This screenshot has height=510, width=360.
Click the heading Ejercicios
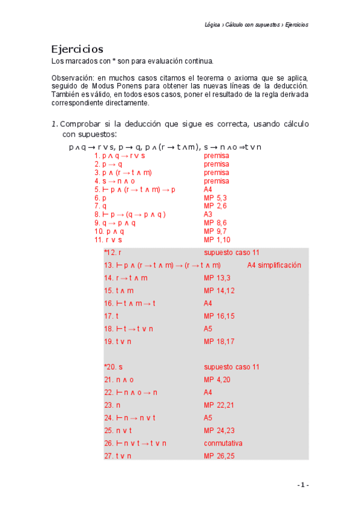click(x=77, y=49)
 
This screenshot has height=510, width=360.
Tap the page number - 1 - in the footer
click(x=302, y=485)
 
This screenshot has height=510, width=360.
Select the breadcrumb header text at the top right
click(x=256, y=25)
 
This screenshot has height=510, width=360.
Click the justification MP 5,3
click(x=215, y=198)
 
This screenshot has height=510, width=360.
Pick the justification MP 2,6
click(x=215, y=206)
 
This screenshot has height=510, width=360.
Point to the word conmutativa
click(x=223, y=443)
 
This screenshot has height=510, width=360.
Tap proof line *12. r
click(x=112, y=253)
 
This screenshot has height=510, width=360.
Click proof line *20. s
click(x=113, y=367)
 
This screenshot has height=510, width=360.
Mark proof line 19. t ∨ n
click(x=117, y=342)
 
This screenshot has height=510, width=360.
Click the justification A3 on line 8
click(x=208, y=215)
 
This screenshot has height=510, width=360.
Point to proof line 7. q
click(x=100, y=206)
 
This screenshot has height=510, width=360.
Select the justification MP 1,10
click(x=217, y=240)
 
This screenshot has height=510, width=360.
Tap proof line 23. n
click(x=112, y=405)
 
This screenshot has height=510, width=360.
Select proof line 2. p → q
click(x=108, y=164)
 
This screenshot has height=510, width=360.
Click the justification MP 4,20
click(x=217, y=379)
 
